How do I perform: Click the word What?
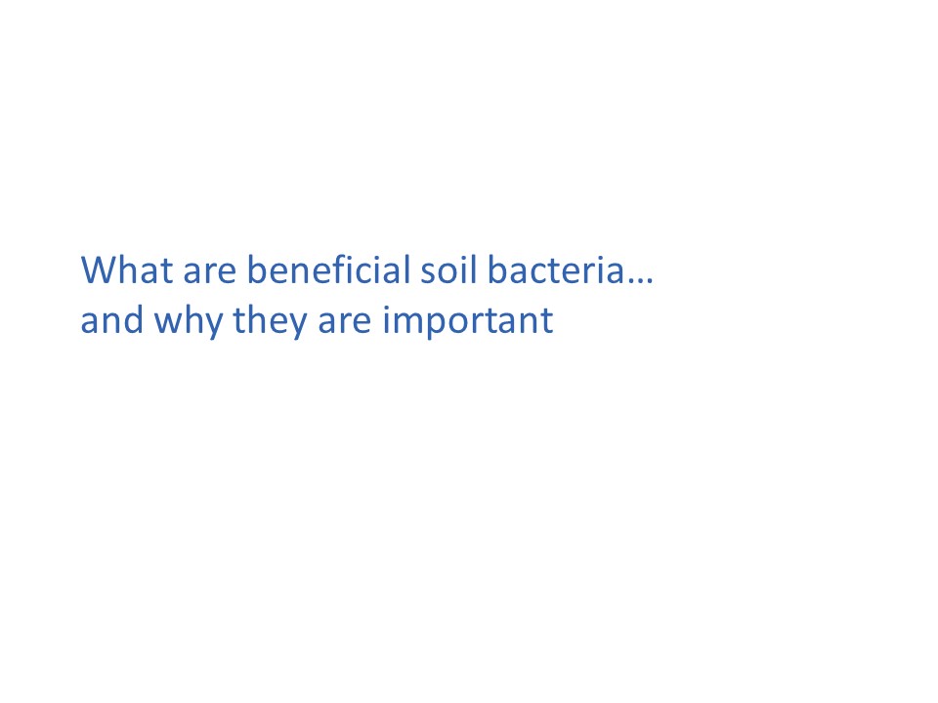pyautogui.click(x=127, y=269)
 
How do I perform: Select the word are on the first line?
pyautogui.click(x=210, y=272)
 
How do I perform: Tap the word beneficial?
pyautogui.click(x=328, y=269)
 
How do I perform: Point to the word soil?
pyautogui.click(x=448, y=269)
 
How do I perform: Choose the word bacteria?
pyautogui.click(x=556, y=269)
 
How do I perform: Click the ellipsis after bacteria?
pyautogui.click(x=641, y=281)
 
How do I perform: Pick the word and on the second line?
pyautogui.click(x=111, y=320)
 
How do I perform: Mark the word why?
pyautogui.click(x=188, y=323)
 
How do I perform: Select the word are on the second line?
pyautogui.click(x=345, y=323)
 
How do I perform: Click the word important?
pyautogui.click(x=468, y=321)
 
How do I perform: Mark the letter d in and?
pyautogui.click(x=133, y=320)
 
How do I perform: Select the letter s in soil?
pyautogui.click(x=429, y=273)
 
